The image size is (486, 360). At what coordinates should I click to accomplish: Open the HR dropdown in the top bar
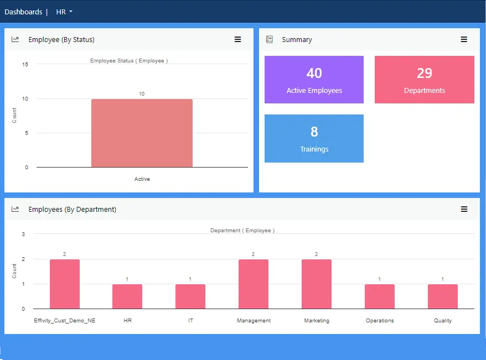click(64, 12)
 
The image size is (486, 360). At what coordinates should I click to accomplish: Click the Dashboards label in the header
click(23, 12)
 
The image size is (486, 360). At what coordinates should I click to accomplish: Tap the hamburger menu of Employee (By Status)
click(237, 39)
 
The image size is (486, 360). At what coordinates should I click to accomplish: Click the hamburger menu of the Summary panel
click(464, 39)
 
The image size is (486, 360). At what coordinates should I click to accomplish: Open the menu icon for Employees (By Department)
click(464, 209)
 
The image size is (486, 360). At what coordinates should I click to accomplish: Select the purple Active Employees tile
click(314, 80)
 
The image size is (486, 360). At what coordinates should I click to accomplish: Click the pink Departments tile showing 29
click(424, 80)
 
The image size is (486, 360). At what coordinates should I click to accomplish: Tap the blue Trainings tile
click(314, 138)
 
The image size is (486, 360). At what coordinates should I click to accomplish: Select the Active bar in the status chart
click(142, 133)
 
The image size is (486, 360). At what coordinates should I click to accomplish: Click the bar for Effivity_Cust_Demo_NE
click(65, 284)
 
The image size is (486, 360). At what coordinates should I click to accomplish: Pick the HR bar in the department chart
click(127, 296)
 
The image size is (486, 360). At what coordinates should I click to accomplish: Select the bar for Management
click(254, 284)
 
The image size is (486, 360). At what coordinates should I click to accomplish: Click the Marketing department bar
click(317, 284)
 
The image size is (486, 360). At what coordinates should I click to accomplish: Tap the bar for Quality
click(443, 296)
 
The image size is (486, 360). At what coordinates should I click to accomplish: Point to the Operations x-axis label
click(380, 321)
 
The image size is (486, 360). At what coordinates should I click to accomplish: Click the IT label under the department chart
click(190, 321)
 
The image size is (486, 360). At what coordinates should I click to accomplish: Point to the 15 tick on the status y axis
click(25, 64)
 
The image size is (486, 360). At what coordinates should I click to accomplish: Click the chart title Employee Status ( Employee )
click(129, 61)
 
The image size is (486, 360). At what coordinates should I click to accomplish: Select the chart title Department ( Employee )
click(242, 231)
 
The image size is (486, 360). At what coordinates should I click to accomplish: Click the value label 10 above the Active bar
click(142, 94)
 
